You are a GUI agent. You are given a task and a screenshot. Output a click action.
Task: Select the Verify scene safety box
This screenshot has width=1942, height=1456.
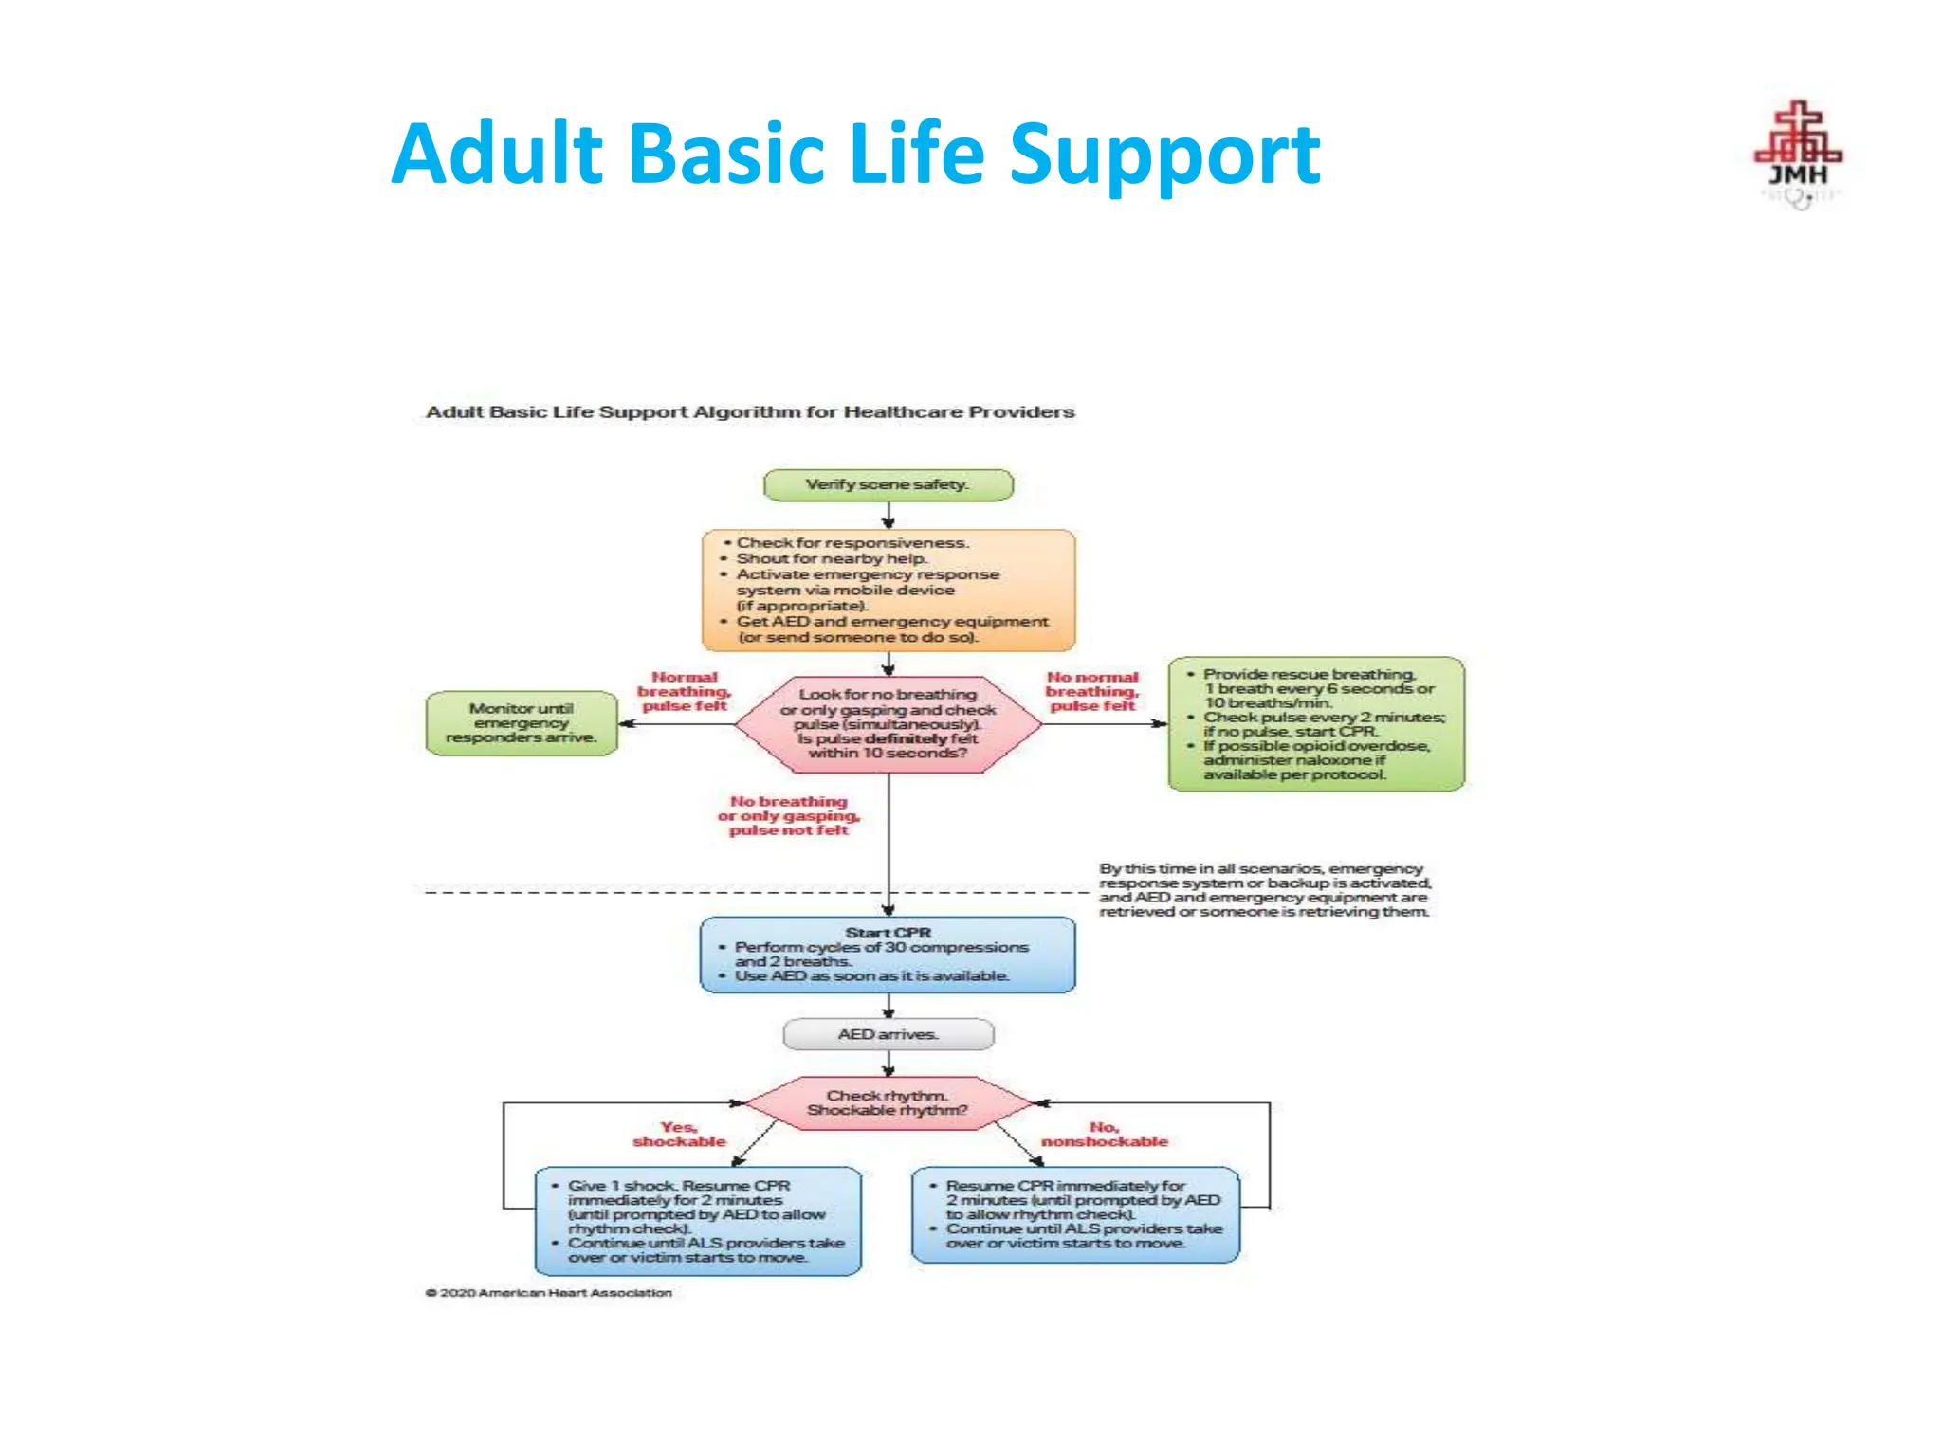pos(889,484)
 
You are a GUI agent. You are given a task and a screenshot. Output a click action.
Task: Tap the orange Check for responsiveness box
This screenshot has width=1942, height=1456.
pos(889,590)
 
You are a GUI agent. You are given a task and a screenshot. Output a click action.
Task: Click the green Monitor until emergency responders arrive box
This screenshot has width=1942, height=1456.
pos(522,723)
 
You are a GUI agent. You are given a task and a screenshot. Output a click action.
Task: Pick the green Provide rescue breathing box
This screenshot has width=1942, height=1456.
pos(1316,724)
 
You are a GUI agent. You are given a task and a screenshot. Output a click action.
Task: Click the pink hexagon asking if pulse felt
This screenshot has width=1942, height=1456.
pos(889,724)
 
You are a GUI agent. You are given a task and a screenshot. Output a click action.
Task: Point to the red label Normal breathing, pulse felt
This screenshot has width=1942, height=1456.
pos(684,692)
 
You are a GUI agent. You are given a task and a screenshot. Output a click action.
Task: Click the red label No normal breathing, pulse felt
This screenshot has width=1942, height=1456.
pos(1091,692)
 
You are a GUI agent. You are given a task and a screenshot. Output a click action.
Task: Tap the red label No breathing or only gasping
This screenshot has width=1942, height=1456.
pos(788,816)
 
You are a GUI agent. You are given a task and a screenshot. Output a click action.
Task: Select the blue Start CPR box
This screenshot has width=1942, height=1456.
pos(889,955)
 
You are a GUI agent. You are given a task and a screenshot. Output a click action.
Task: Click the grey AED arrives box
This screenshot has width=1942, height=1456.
pos(889,1034)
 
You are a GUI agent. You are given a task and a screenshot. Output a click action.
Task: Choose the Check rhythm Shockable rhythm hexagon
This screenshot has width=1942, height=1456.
pos(889,1102)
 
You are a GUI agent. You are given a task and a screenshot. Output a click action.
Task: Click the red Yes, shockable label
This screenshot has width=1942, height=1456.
pos(679,1135)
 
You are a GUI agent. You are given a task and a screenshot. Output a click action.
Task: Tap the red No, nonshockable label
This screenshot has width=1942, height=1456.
pos(1105,1135)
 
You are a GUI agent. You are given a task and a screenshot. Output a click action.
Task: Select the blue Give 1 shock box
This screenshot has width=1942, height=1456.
pos(699,1221)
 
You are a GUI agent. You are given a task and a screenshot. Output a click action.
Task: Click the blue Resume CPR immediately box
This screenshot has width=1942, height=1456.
pos(1075,1214)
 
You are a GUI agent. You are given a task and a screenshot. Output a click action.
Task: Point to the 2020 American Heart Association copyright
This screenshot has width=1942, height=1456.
pos(549,1293)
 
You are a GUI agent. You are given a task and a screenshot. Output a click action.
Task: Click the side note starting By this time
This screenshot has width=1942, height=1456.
pos(1264,890)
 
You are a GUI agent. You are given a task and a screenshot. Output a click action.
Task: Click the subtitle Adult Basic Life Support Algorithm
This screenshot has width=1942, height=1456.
pos(750,412)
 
